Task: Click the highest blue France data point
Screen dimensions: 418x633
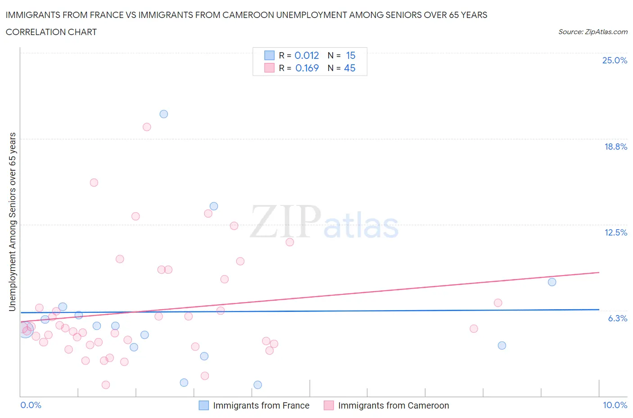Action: pos(164,114)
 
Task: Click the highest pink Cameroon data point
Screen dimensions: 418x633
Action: pos(147,127)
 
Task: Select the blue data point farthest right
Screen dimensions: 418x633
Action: pos(552,282)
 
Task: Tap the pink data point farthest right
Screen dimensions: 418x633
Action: pos(498,303)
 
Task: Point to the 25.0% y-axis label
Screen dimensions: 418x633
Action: pos(615,61)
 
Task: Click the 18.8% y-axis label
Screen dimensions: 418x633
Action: pos(615,147)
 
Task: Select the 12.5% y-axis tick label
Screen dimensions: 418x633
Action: pos(615,232)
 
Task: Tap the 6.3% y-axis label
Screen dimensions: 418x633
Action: pos(617,318)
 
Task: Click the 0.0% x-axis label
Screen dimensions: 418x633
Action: pos(31,405)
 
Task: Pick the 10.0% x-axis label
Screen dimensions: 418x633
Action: pos(615,405)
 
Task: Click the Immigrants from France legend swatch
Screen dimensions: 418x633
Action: pos(204,405)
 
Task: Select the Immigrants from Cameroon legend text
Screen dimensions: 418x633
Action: pos(393,405)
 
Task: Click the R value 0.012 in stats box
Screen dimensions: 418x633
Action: pos(307,55)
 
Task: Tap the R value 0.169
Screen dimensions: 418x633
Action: pos(307,68)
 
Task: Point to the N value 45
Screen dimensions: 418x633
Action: pos(350,68)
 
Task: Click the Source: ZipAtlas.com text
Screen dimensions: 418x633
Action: pos(592,32)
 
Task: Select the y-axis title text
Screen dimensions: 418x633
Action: pos(13,222)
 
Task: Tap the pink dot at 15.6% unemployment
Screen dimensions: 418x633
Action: pos(94,182)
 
